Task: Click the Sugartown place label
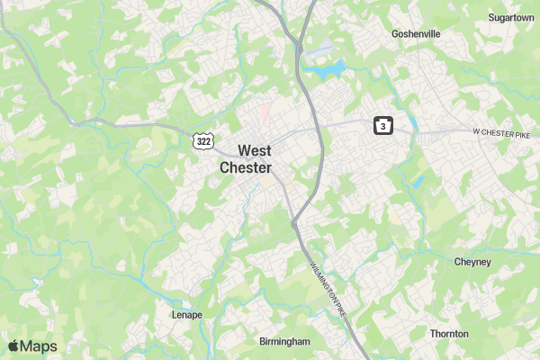[x=511, y=17]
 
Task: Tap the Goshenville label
[x=416, y=34]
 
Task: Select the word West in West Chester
[x=255, y=150]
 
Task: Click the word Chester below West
[x=246, y=167]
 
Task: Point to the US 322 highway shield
[x=204, y=140]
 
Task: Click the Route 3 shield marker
[x=383, y=127]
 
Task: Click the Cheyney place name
[x=472, y=262]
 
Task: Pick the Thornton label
[x=449, y=334]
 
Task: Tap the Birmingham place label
[x=284, y=342]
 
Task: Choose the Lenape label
[x=187, y=315]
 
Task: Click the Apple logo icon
[x=13, y=346]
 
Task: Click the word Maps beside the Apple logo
[x=39, y=346]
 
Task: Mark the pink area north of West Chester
[x=265, y=113]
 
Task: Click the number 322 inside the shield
[x=204, y=141]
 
